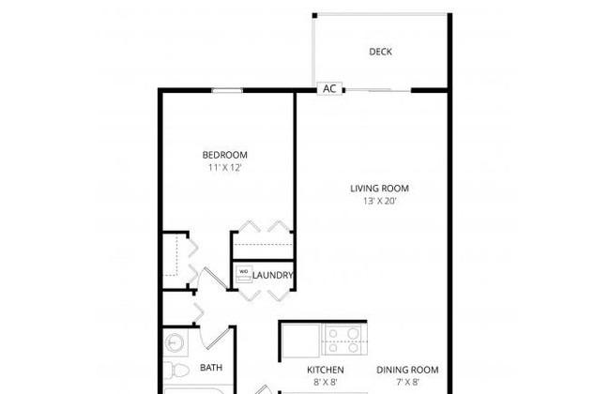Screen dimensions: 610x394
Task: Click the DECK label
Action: point(380,52)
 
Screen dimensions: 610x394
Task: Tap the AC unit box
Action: point(329,89)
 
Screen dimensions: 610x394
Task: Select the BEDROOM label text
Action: point(225,155)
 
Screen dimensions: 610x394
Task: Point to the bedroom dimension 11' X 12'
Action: point(225,168)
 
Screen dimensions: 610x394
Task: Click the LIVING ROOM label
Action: point(379,189)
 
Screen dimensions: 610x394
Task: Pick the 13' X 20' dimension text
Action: point(380,201)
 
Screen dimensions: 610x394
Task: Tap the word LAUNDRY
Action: point(272,276)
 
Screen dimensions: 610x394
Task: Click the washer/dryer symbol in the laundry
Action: point(244,274)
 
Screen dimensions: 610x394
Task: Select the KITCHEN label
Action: point(326,370)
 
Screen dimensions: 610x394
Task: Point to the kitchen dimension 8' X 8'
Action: point(326,383)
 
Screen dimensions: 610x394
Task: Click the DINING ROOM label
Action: point(407,370)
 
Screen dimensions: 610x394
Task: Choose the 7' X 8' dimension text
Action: point(407,383)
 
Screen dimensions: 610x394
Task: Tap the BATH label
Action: point(211,368)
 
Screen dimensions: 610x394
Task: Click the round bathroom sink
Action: point(174,343)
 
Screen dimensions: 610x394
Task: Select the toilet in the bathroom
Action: point(176,370)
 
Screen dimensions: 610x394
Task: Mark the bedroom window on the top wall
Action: point(227,91)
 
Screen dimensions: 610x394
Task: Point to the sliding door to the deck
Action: point(378,91)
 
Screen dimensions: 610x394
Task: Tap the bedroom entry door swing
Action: point(213,279)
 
